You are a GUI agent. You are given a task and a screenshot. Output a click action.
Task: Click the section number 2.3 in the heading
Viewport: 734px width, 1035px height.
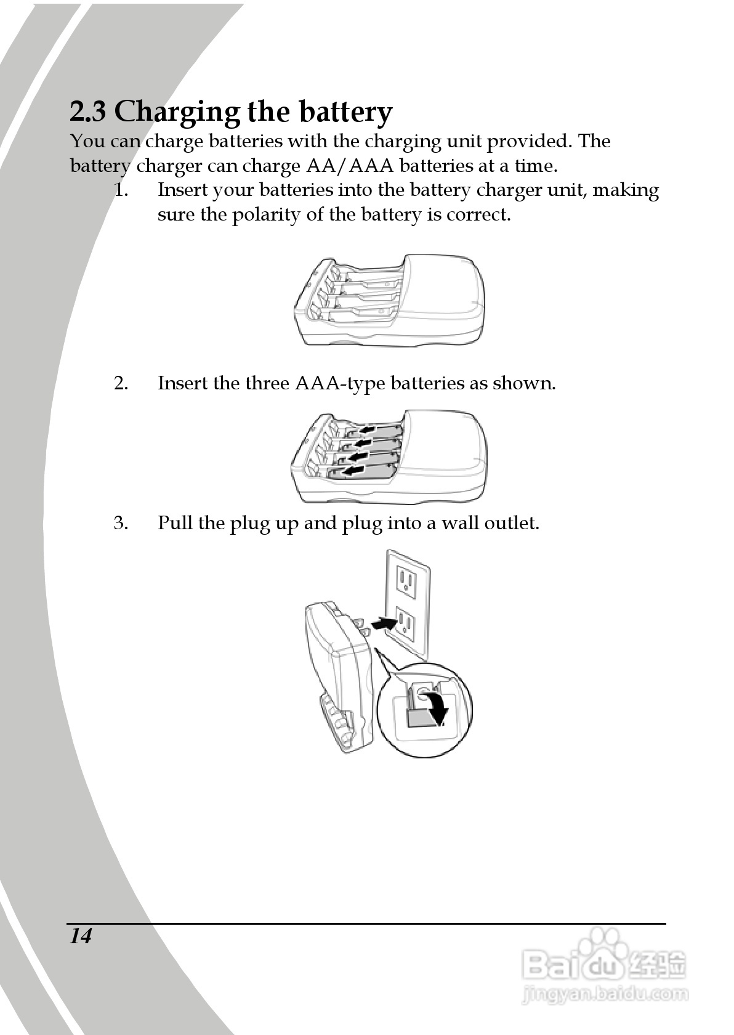tap(87, 112)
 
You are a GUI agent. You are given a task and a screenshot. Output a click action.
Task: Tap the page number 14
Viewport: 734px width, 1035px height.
tap(81, 936)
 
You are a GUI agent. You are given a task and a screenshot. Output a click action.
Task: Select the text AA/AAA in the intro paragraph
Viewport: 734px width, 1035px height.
tap(350, 166)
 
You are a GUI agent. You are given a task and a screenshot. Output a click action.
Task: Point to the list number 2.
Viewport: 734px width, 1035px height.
tap(121, 383)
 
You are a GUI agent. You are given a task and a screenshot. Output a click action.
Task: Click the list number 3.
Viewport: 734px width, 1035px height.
tap(121, 523)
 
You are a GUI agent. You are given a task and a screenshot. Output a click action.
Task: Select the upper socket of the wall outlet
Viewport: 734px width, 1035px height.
tap(407, 580)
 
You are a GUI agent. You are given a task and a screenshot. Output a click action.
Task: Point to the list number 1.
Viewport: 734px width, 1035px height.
tap(121, 190)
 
